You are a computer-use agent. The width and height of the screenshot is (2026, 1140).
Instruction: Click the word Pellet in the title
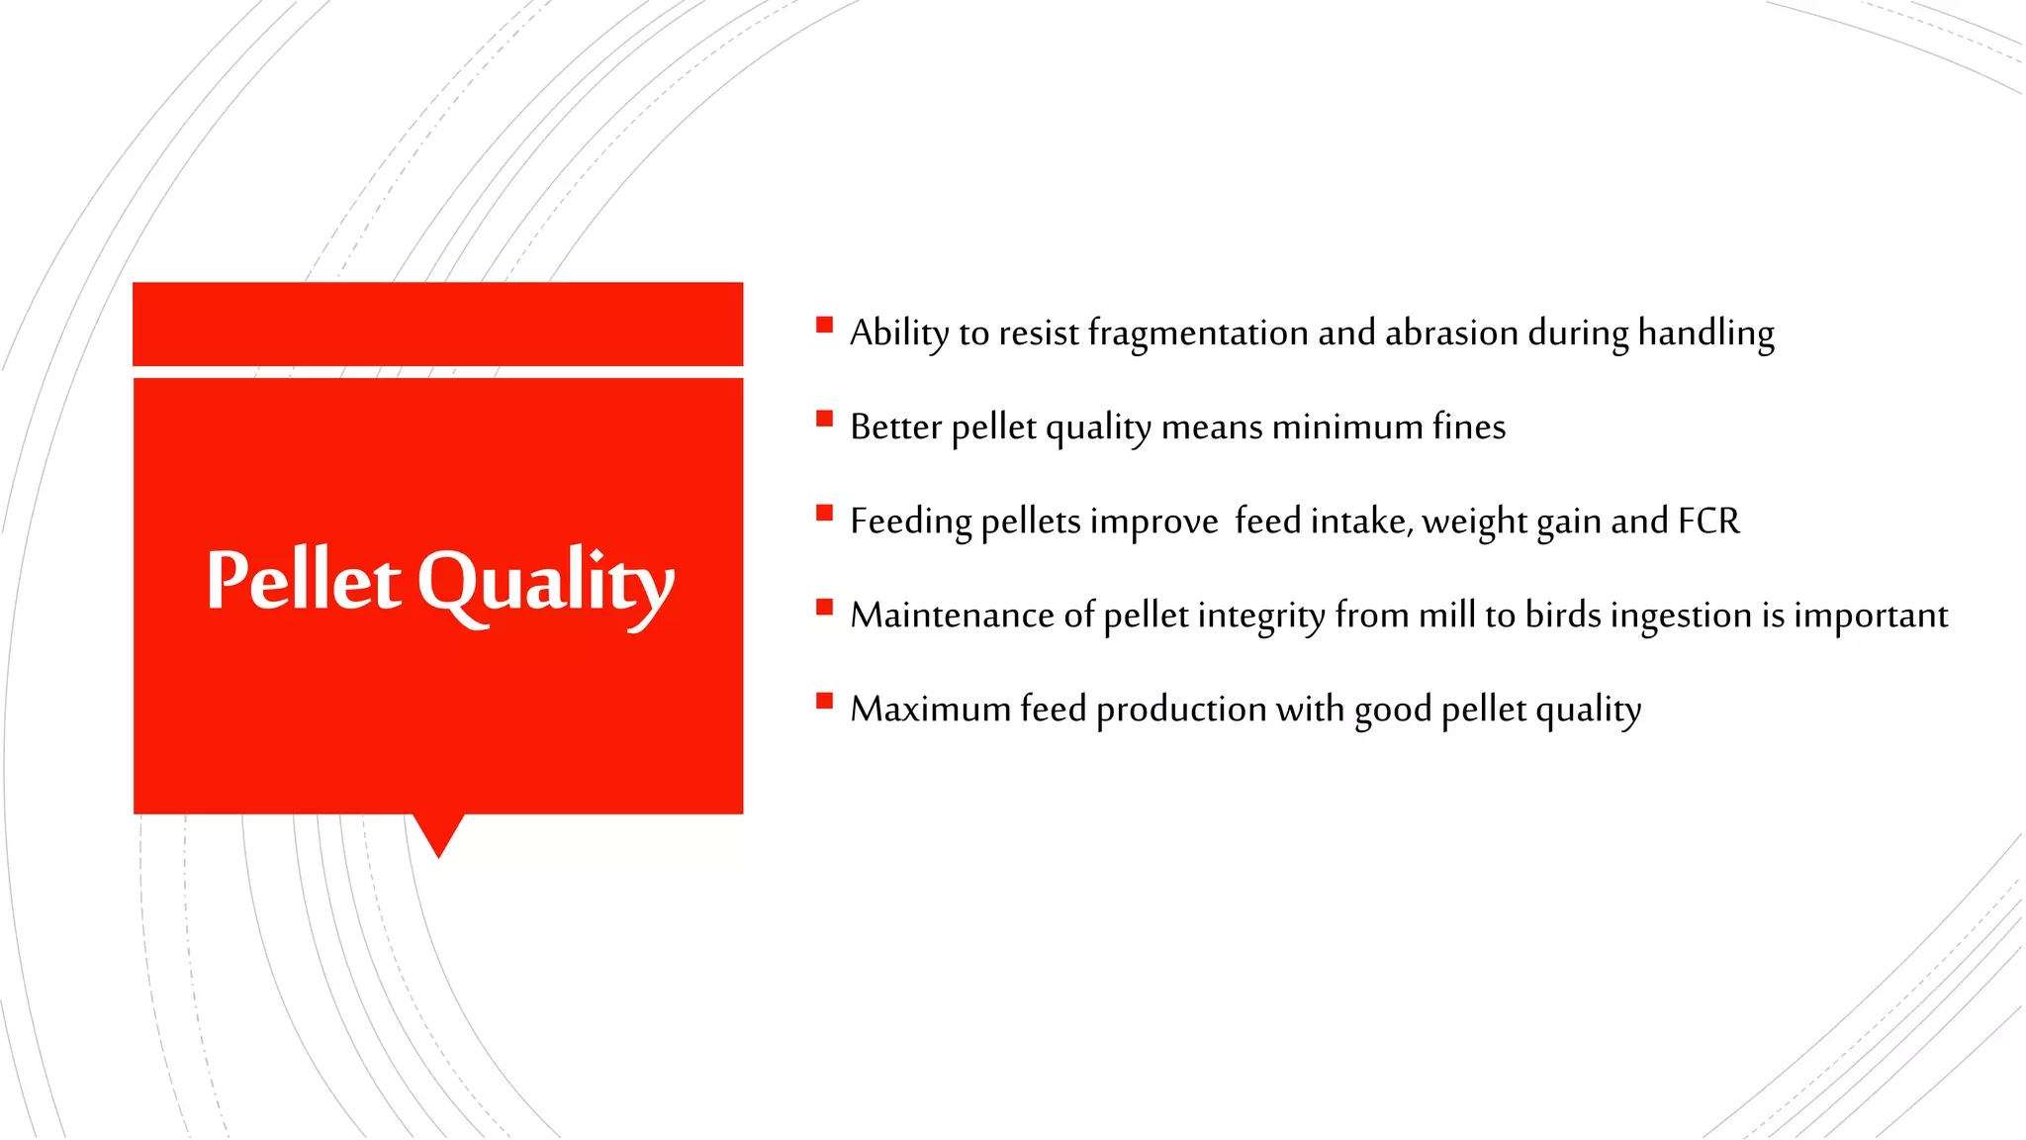point(304,581)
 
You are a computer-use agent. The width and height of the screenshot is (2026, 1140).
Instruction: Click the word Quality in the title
point(545,584)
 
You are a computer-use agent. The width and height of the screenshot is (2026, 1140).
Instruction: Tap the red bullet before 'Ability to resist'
point(824,325)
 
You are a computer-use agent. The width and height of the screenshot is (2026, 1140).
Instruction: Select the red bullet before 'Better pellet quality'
point(824,419)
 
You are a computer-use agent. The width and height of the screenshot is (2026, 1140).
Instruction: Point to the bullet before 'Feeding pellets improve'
point(824,513)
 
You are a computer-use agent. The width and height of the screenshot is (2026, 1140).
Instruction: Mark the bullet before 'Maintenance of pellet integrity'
point(824,607)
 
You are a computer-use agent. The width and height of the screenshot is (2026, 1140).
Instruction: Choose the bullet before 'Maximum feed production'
point(824,701)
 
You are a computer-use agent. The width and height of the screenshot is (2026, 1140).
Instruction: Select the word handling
point(1705,333)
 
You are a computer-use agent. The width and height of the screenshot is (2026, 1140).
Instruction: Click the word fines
point(1469,427)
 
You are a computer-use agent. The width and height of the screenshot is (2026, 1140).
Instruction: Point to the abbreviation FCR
point(1708,521)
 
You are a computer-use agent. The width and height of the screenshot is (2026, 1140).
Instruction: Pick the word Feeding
point(910,522)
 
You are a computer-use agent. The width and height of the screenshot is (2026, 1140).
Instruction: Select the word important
point(1871,616)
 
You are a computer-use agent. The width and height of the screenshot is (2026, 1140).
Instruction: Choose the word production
point(1181,710)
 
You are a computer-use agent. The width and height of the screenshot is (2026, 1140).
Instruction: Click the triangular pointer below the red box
point(438,832)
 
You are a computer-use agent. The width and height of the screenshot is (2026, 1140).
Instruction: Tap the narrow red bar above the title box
point(437,324)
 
